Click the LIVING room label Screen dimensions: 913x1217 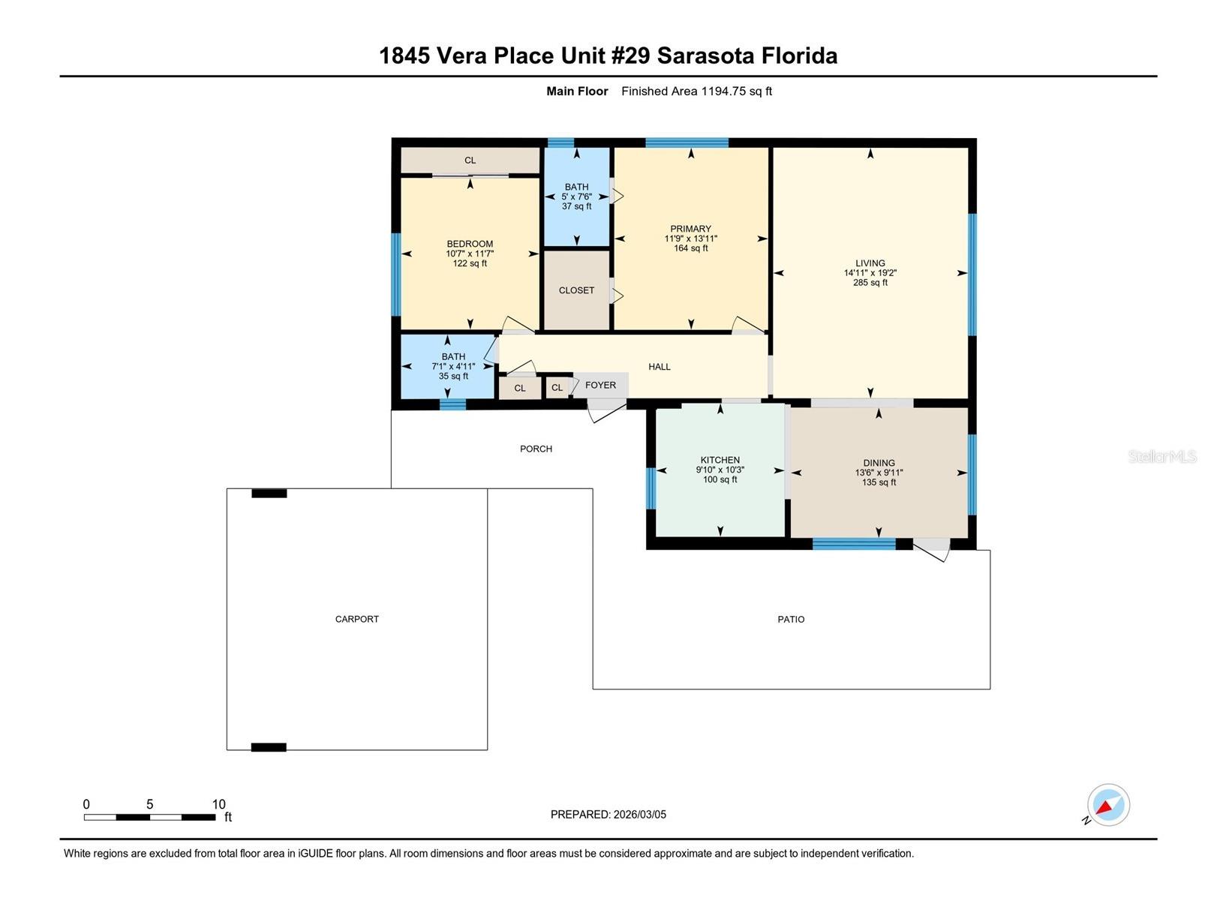tap(870, 263)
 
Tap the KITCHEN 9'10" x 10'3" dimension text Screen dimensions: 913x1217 tap(720, 470)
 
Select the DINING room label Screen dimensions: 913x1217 tap(879, 463)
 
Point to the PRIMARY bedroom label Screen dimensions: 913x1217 tap(690, 229)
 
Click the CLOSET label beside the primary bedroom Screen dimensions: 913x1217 tap(576, 290)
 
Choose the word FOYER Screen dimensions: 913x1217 tap(600, 385)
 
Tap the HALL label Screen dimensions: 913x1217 tap(659, 367)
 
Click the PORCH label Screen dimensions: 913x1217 tap(536, 449)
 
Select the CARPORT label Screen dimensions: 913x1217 tap(356, 619)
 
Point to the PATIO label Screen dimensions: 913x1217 tap(791, 619)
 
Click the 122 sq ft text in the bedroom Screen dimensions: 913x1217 tap(470, 263)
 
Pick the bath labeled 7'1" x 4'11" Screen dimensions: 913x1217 tap(453, 366)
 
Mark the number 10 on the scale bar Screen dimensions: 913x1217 tap(218, 804)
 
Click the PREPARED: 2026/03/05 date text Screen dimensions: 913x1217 tap(608, 814)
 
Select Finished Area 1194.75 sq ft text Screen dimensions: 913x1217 tap(696, 92)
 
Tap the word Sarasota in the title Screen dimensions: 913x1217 tap(706, 56)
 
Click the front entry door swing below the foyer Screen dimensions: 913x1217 tap(605, 410)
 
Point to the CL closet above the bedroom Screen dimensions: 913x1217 tap(470, 160)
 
